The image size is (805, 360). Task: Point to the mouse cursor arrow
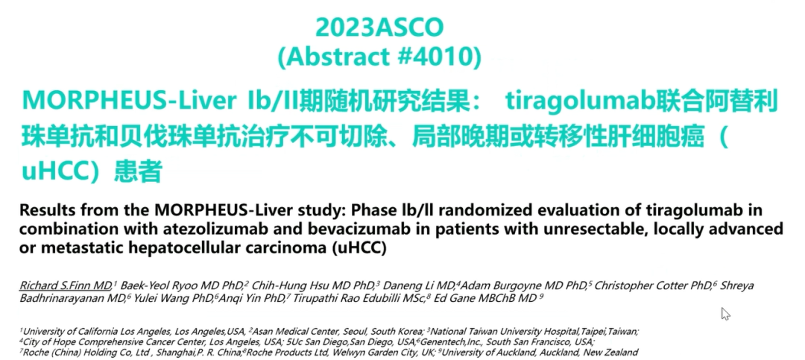tap(725, 313)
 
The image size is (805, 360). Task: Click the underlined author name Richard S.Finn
tap(65, 285)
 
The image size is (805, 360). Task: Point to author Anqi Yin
tap(238, 299)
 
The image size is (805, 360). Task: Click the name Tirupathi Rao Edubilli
tap(347, 299)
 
